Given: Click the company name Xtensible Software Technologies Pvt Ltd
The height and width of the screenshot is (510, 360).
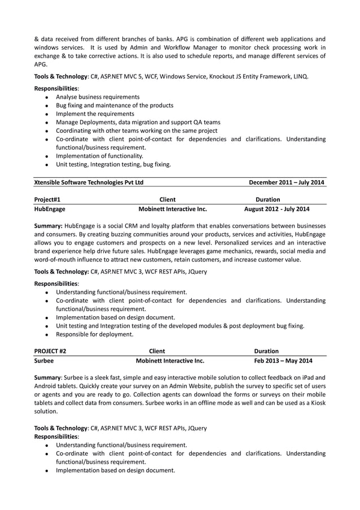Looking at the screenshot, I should [x=89, y=182].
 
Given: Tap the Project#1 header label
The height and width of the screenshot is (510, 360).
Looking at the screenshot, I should [x=47, y=199].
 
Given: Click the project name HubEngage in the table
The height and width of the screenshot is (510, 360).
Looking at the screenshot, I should [x=50, y=209].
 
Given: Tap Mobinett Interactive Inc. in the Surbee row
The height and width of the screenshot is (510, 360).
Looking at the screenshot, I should [x=170, y=360].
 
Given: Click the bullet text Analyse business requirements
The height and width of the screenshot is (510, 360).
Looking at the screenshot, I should [x=98, y=97].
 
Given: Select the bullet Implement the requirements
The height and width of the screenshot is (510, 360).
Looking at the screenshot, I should [x=95, y=114].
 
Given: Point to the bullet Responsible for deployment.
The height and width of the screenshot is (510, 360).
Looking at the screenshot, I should [x=94, y=334].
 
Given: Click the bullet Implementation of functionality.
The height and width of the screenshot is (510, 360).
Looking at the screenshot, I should [x=99, y=156].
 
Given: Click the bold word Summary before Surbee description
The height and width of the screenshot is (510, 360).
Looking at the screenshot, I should [x=48, y=377].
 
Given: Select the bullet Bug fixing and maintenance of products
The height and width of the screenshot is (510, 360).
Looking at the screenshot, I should [x=115, y=106].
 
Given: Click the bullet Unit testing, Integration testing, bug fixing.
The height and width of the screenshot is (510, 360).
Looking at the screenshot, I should [x=113, y=164].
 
